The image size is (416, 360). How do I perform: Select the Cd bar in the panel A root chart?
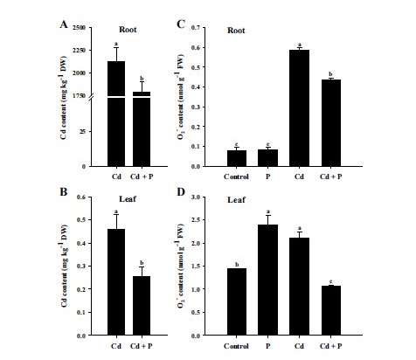click(x=115, y=114)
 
